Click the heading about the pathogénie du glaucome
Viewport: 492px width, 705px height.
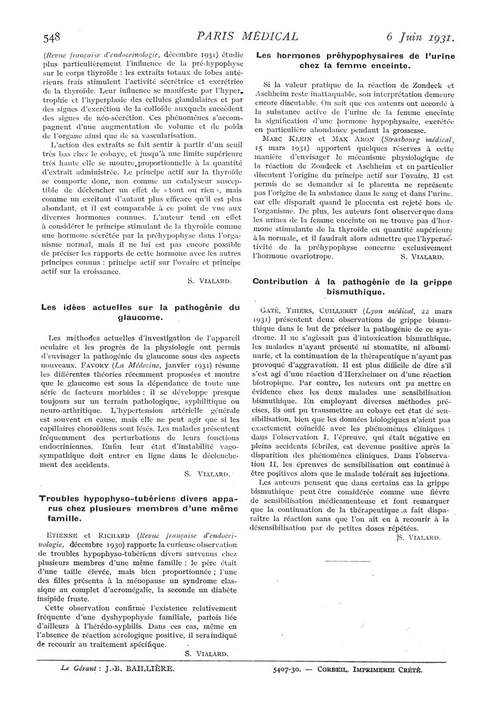pyautogui.click(x=140, y=312)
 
